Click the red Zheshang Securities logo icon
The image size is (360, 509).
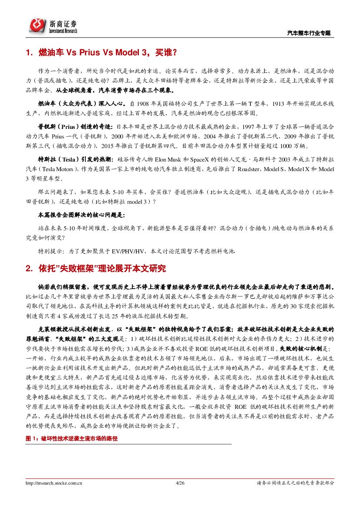coord(38,25)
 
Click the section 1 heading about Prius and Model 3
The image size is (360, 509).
coord(101,53)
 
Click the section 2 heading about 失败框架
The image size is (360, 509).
coord(95,269)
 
